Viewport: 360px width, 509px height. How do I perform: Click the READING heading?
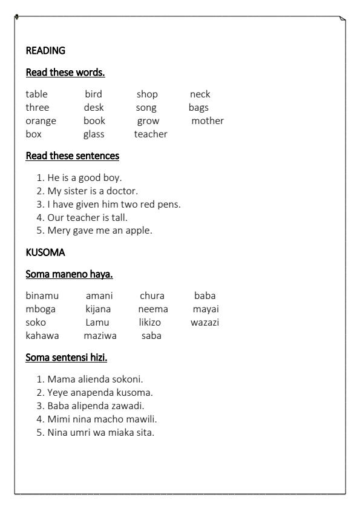coord(45,51)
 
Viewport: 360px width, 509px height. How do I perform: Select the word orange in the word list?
coord(41,121)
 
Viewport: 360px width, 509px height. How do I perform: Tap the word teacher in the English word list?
coord(151,134)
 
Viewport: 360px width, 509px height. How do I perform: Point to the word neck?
coord(200,94)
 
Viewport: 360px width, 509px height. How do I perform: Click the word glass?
coord(94,134)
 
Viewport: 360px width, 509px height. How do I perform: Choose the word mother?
coord(208,121)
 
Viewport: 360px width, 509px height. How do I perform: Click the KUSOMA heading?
coord(42,253)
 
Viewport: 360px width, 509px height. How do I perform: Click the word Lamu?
coord(96,323)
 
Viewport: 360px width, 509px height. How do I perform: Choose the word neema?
coord(152,309)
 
